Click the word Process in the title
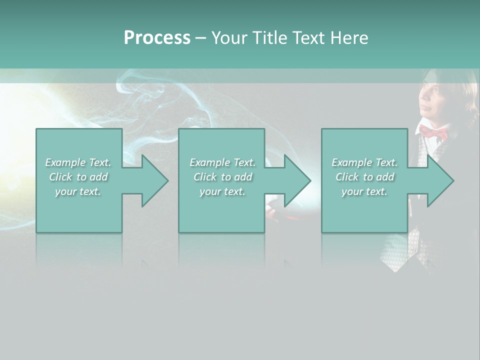tap(157, 38)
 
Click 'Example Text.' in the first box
tap(78, 162)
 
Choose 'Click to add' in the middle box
tap(222, 177)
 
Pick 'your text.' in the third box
tap(364, 191)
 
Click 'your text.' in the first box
tap(78, 191)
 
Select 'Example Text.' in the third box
tap(364, 162)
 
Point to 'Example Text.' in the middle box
tap(222, 162)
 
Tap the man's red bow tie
tap(433, 132)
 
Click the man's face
tap(432, 100)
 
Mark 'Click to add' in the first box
tap(78, 177)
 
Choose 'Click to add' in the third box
tap(364, 177)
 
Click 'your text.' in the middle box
tap(222, 191)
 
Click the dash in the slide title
tap(200, 38)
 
